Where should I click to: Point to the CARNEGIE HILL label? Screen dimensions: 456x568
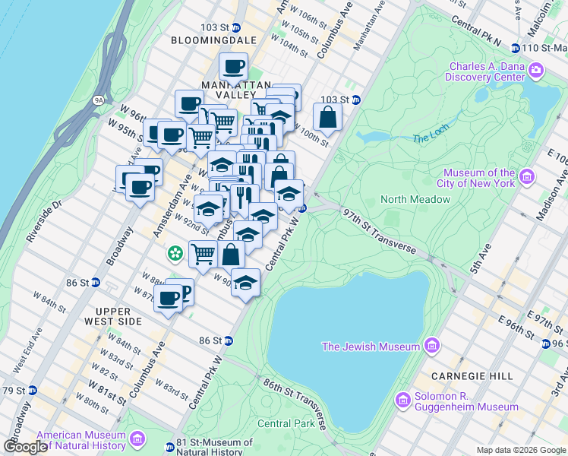462,376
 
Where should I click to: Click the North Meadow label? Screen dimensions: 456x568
416,199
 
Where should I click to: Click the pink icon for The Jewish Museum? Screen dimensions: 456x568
432,347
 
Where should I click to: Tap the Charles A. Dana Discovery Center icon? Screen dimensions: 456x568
536,71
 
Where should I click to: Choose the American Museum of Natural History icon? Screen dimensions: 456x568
137,439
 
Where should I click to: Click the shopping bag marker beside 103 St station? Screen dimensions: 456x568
327,119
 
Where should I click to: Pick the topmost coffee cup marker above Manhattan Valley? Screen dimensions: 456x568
233,66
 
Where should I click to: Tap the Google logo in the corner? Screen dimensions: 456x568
26,446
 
